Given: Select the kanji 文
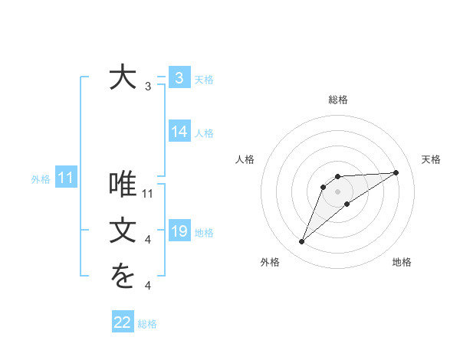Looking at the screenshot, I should pyautogui.click(x=122, y=231).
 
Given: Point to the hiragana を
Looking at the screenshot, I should pyautogui.click(x=122, y=277).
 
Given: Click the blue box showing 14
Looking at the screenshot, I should pyautogui.click(x=179, y=132).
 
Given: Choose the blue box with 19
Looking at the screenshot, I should pyautogui.click(x=179, y=231).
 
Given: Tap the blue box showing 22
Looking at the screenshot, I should pyautogui.click(x=123, y=322).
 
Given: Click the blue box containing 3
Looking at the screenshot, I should pyautogui.click(x=179, y=77).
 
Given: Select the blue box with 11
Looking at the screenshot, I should pyautogui.click(x=65, y=178).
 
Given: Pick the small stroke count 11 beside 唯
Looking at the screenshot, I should pyautogui.click(x=149, y=194).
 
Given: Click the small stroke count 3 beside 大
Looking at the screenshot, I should pyautogui.click(x=148, y=87).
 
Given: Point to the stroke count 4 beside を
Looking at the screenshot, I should pyautogui.click(x=148, y=286).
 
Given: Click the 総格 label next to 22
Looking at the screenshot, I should pyautogui.click(x=147, y=324).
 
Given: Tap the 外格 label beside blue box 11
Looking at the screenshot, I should pyautogui.click(x=41, y=179).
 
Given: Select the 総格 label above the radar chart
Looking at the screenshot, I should pyautogui.click(x=338, y=100).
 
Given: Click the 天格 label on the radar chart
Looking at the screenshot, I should pyautogui.click(x=431, y=159).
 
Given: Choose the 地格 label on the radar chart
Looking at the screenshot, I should pyautogui.click(x=402, y=262).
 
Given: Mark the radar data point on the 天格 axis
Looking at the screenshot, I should pyautogui.click(x=396, y=172).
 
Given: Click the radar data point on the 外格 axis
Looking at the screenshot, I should pyautogui.click(x=302, y=242).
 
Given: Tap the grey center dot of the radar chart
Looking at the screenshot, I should pyautogui.click(x=338, y=191).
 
